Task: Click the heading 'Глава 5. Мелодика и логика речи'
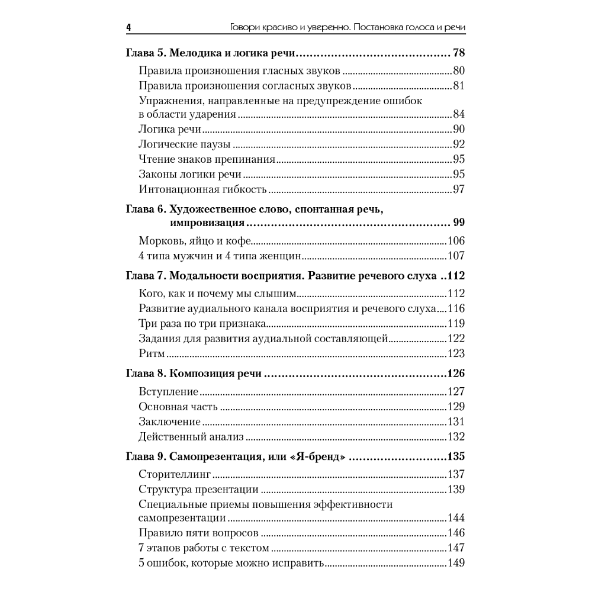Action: (210, 53)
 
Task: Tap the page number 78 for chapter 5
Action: (458, 53)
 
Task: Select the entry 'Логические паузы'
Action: (184, 144)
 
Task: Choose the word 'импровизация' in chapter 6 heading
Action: (207, 223)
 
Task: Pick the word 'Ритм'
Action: (151, 354)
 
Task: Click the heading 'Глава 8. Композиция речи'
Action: (195, 374)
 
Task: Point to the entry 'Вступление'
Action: (168, 392)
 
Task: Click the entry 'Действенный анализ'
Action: (192, 437)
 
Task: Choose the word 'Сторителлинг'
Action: (175, 475)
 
